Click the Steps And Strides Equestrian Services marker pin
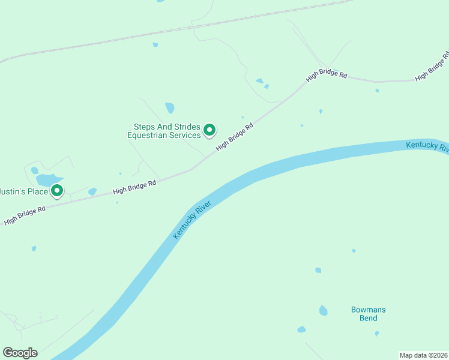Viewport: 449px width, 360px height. coord(209,129)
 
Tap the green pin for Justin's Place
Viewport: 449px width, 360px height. coord(57,191)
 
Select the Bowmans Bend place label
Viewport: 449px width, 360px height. coord(368,314)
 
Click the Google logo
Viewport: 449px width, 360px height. coord(20,353)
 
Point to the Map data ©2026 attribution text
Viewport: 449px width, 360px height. coord(424,355)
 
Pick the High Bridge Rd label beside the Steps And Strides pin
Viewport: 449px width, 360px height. coord(235,137)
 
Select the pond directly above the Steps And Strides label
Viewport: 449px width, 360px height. coord(170,108)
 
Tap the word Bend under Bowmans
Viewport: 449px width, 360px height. coord(368,318)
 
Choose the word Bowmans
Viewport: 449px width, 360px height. coord(368,310)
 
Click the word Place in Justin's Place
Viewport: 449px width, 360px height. coord(35,191)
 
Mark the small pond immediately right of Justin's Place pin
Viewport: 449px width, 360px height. coord(92,191)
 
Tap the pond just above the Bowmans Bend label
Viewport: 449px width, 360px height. coord(324,310)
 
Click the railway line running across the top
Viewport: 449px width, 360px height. coord(180,29)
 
